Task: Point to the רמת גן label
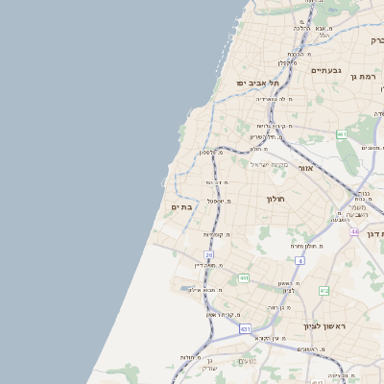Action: point(367,75)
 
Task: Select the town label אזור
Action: point(305,167)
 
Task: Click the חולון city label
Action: point(276,198)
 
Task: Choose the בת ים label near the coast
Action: point(181,206)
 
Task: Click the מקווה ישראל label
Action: point(270,164)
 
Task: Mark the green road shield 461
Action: point(342,134)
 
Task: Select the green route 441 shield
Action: point(244,278)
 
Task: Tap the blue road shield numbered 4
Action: point(300,260)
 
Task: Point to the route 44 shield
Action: point(354,231)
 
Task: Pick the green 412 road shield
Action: point(324,290)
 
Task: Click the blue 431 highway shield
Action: point(245,329)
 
